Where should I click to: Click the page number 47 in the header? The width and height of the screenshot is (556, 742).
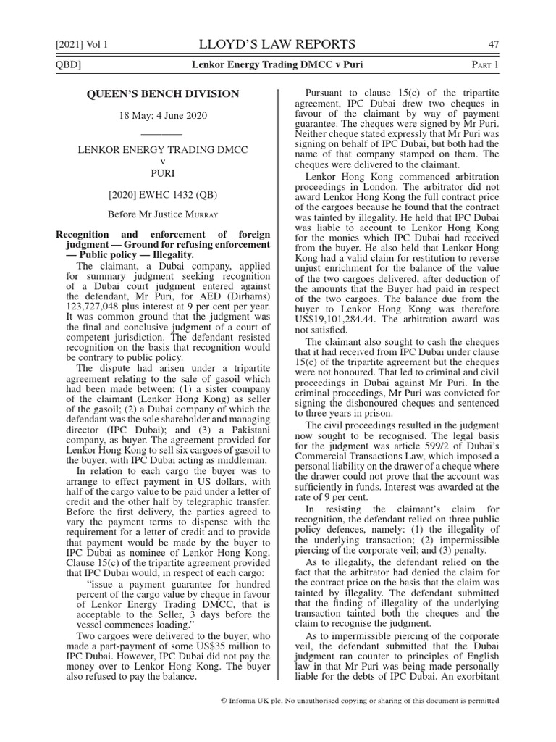point(494,44)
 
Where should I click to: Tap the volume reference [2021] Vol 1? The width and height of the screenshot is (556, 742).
point(82,45)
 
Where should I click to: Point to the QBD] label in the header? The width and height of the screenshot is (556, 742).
point(69,65)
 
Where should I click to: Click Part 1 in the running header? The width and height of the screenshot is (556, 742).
point(485,65)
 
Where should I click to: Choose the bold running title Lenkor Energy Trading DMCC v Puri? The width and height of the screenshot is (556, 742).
point(277,65)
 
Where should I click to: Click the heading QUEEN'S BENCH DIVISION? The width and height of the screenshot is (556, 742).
point(163,94)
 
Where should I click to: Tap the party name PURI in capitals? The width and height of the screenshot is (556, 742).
point(163,174)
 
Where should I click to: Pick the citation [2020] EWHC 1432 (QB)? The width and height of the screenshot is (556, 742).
point(163,194)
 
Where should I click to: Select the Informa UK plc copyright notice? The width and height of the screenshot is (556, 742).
point(359,701)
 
